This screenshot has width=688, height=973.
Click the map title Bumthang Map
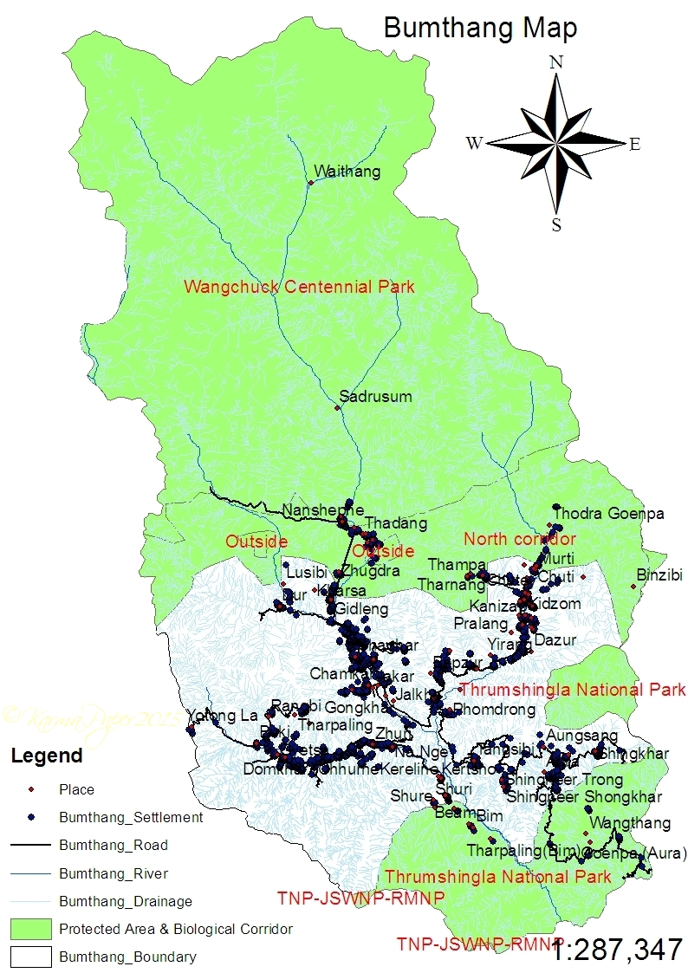[480, 28]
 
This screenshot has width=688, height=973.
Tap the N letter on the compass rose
[556, 62]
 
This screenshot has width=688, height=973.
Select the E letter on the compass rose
[634, 145]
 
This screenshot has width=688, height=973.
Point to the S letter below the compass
[556, 225]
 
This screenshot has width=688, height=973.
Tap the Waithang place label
[347, 172]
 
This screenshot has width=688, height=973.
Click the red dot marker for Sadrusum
[337, 407]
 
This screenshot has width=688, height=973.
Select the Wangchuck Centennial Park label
[299, 287]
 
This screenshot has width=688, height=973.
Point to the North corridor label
[520, 539]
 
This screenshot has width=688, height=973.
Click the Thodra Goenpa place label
[608, 514]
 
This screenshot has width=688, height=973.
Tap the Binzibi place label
[659, 575]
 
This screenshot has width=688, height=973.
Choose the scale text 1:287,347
[617, 949]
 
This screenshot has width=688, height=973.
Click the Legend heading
[47, 756]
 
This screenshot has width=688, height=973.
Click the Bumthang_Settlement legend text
[131, 817]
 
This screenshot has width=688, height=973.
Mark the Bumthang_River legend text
[114, 873]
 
